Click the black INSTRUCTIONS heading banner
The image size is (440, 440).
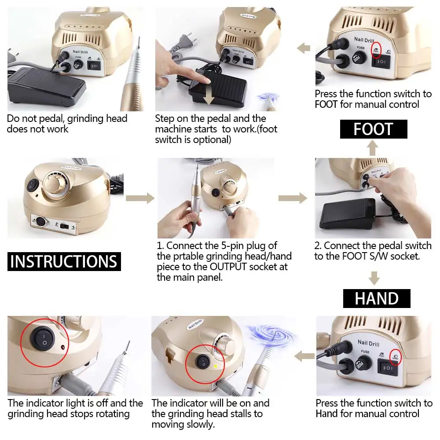pos(64,261)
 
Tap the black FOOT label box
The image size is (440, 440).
pos(373,129)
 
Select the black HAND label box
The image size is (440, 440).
pos(377,299)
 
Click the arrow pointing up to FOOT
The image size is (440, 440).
pos(373,148)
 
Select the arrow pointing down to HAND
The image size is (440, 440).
pos(374,278)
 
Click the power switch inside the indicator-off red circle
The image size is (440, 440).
pos(43,339)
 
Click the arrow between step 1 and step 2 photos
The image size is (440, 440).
pos(293,198)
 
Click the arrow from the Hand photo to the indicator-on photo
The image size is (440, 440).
pos(304,356)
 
